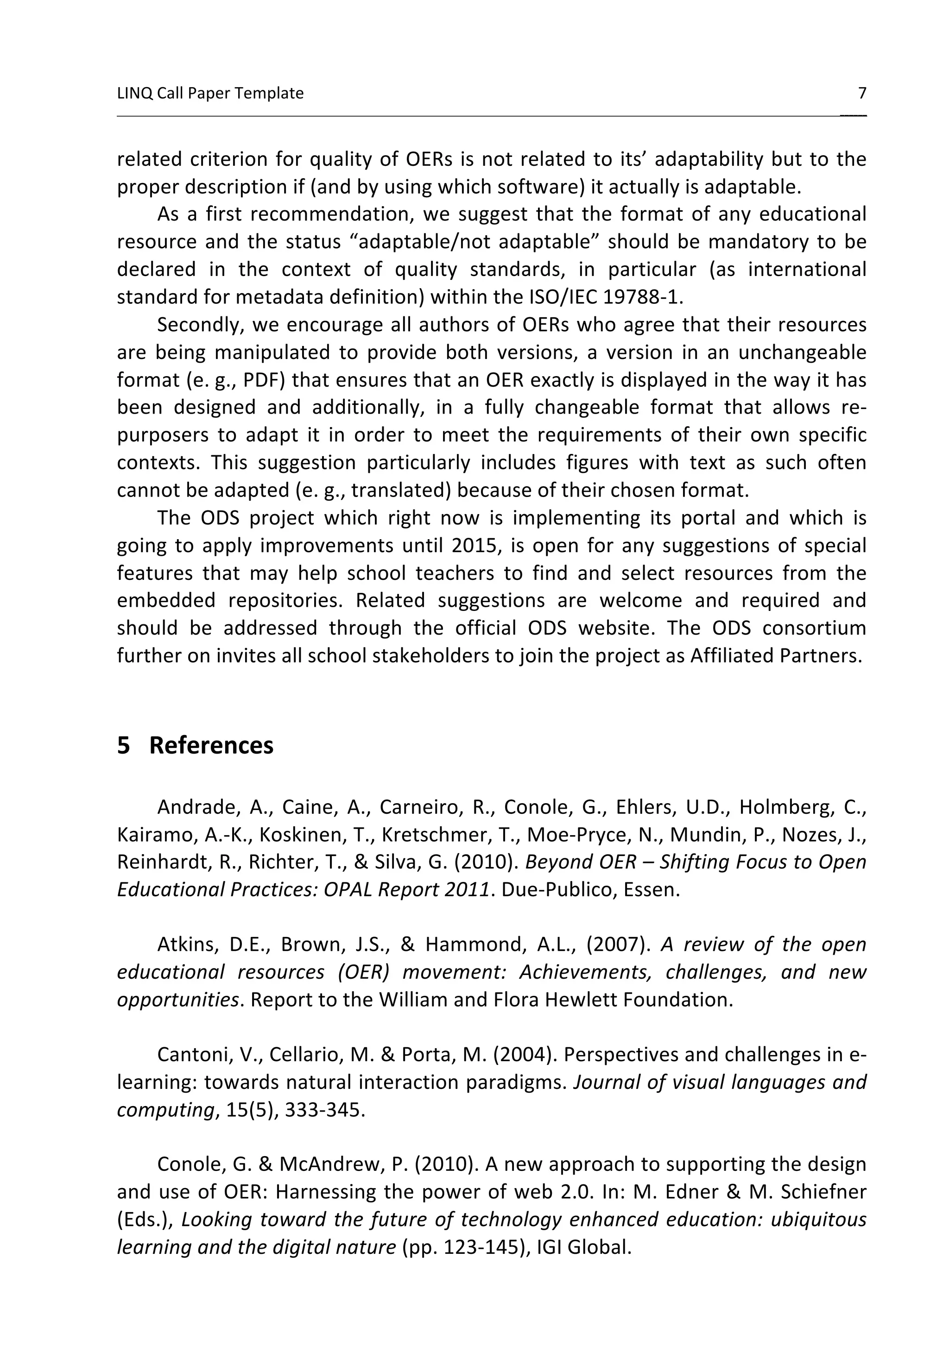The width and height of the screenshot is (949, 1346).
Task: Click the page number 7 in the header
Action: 861,93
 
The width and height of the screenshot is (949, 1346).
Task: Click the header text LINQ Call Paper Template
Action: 210,93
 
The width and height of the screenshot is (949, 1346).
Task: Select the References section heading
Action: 211,745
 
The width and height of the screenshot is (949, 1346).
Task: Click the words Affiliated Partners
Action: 775,655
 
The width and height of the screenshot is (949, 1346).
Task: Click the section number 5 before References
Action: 123,745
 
